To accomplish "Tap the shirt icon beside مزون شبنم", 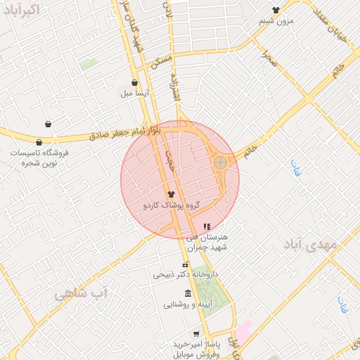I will click(275, 10).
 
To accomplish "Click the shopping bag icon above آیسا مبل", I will click(134, 82).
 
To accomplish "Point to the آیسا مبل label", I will click(134, 93).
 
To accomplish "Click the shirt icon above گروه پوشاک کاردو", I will click(170, 193).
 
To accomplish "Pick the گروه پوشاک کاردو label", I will click(172, 205).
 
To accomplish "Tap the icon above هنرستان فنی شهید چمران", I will click(207, 226).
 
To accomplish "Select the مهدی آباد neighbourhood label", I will click(311, 245).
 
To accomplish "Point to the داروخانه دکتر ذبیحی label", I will click(186, 274).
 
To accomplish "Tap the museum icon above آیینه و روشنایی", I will click(187, 293).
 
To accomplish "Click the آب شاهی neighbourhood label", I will click(81, 292).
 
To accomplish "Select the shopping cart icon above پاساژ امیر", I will click(196, 334).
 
